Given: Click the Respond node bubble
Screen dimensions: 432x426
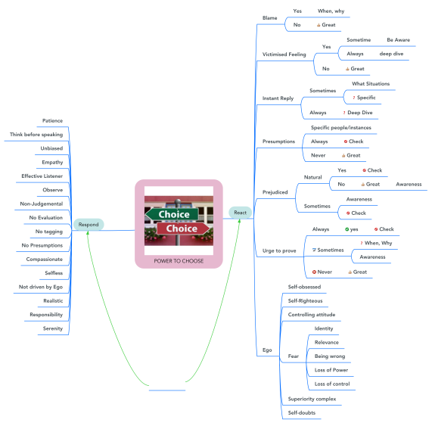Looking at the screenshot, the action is (89, 225).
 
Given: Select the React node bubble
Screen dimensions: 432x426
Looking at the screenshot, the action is (241, 213).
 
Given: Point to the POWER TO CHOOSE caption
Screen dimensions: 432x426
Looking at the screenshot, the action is (179, 261).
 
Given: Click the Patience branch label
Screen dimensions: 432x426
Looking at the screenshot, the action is (52, 121).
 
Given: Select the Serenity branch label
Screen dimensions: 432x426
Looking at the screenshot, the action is (53, 328).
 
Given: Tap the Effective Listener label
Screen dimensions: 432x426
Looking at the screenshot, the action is (42, 176).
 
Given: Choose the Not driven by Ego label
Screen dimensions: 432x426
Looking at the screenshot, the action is (41, 287).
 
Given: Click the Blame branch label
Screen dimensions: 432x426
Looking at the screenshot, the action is (270, 18).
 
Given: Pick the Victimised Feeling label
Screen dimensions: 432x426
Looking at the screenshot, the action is (284, 54).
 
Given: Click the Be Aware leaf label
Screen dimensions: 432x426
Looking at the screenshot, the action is (399, 40).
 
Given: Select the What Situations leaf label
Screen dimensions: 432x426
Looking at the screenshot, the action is (371, 84).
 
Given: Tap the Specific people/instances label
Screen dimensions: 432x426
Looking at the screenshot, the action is (341, 128).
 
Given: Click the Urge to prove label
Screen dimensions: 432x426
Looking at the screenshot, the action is (279, 250).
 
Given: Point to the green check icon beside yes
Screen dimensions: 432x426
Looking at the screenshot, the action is (347, 229).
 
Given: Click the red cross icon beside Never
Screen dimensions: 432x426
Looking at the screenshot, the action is (314, 272).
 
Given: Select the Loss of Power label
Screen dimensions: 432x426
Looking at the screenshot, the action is (331, 370).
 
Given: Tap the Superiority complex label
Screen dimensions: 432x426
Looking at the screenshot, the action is (312, 399).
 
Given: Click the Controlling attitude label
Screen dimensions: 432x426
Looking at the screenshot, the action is (312, 315).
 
